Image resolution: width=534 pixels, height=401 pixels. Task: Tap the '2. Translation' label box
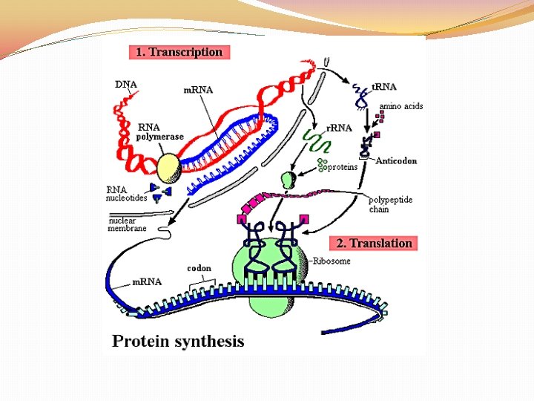(x=374, y=243)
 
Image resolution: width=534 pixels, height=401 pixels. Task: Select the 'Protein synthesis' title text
(x=178, y=342)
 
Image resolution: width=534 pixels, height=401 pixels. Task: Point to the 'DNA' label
(x=126, y=84)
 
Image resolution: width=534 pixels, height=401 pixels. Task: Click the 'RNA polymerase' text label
(x=159, y=131)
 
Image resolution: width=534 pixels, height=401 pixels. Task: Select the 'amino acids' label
(x=401, y=106)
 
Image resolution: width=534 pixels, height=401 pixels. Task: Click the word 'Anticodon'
(x=397, y=160)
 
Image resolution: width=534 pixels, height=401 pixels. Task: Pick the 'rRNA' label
(x=340, y=128)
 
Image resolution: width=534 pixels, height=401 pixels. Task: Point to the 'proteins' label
(x=342, y=166)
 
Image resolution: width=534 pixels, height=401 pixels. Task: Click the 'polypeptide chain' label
(x=391, y=204)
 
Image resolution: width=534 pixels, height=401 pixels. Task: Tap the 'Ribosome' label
(x=332, y=261)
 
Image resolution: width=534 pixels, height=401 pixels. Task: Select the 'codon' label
(x=199, y=268)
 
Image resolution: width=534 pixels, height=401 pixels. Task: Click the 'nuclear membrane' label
(x=127, y=224)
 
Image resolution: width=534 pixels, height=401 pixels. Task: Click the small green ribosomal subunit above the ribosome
(x=289, y=179)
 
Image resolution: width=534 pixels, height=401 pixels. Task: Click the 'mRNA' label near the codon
(x=147, y=281)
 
